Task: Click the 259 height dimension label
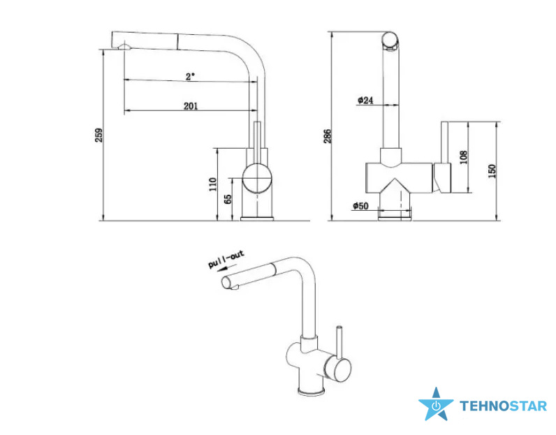coord(99,135)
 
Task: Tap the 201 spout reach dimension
coord(191,106)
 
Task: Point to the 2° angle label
coord(191,76)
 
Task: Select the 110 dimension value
coord(213,184)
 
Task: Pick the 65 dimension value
coord(228,199)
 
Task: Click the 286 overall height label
coord(328,136)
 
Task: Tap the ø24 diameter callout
coord(365,101)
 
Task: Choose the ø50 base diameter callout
coord(360,205)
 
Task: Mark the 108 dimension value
coord(464,157)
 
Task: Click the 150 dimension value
coord(492,171)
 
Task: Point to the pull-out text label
coord(226,259)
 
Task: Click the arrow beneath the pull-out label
coord(224,269)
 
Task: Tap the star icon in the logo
coord(436,404)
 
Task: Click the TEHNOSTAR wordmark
coord(503,406)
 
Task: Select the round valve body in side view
coord(258,178)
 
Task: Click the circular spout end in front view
coord(390,40)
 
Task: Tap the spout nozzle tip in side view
coord(124,46)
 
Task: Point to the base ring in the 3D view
coord(311,392)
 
